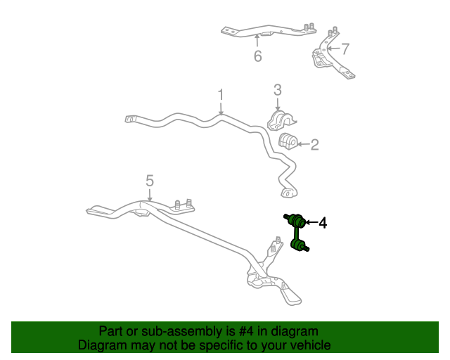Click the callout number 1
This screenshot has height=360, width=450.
[x=220, y=94]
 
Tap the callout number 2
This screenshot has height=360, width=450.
[x=314, y=145]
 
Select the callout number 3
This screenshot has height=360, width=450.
[x=277, y=90]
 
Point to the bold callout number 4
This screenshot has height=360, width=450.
[x=323, y=223]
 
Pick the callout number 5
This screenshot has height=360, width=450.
[x=150, y=181]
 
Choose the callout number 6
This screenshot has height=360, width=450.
[x=258, y=56]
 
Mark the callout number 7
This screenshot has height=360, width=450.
[x=345, y=49]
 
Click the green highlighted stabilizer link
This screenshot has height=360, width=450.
[x=297, y=233]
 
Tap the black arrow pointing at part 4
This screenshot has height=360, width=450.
[x=311, y=222]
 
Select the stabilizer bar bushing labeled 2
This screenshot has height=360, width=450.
[x=288, y=141]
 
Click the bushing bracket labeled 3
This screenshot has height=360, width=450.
[x=281, y=120]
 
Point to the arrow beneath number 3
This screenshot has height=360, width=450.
[x=277, y=104]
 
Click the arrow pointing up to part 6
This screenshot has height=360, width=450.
[x=257, y=41]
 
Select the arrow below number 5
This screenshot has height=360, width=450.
[x=150, y=195]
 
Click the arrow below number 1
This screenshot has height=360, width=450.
[x=221, y=108]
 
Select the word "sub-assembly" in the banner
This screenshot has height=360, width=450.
[x=181, y=332]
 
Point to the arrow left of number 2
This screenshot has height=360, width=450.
[x=303, y=144]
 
